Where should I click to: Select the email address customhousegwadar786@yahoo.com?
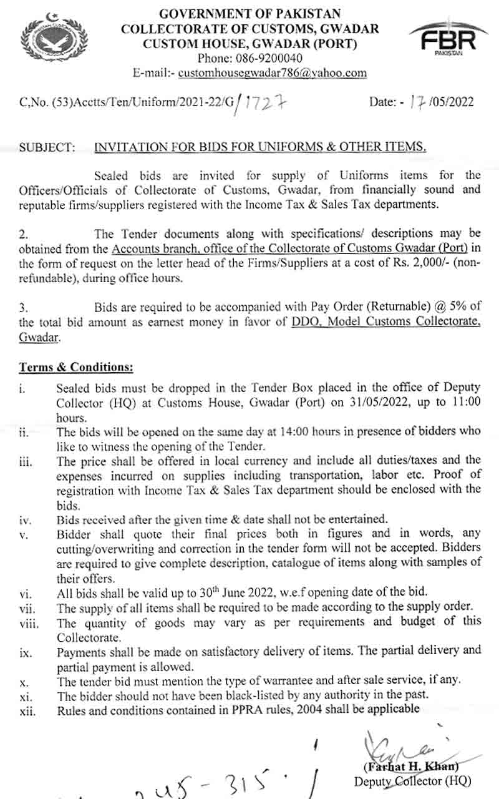pyautogui.click(x=273, y=73)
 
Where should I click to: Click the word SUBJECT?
pyautogui.click(x=47, y=147)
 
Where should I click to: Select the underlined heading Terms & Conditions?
pyautogui.click(x=76, y=367)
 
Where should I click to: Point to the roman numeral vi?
pyautogui.click(x=24, y=593)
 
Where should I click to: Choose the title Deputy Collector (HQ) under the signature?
pyautogui.click(x=412, y=781)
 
